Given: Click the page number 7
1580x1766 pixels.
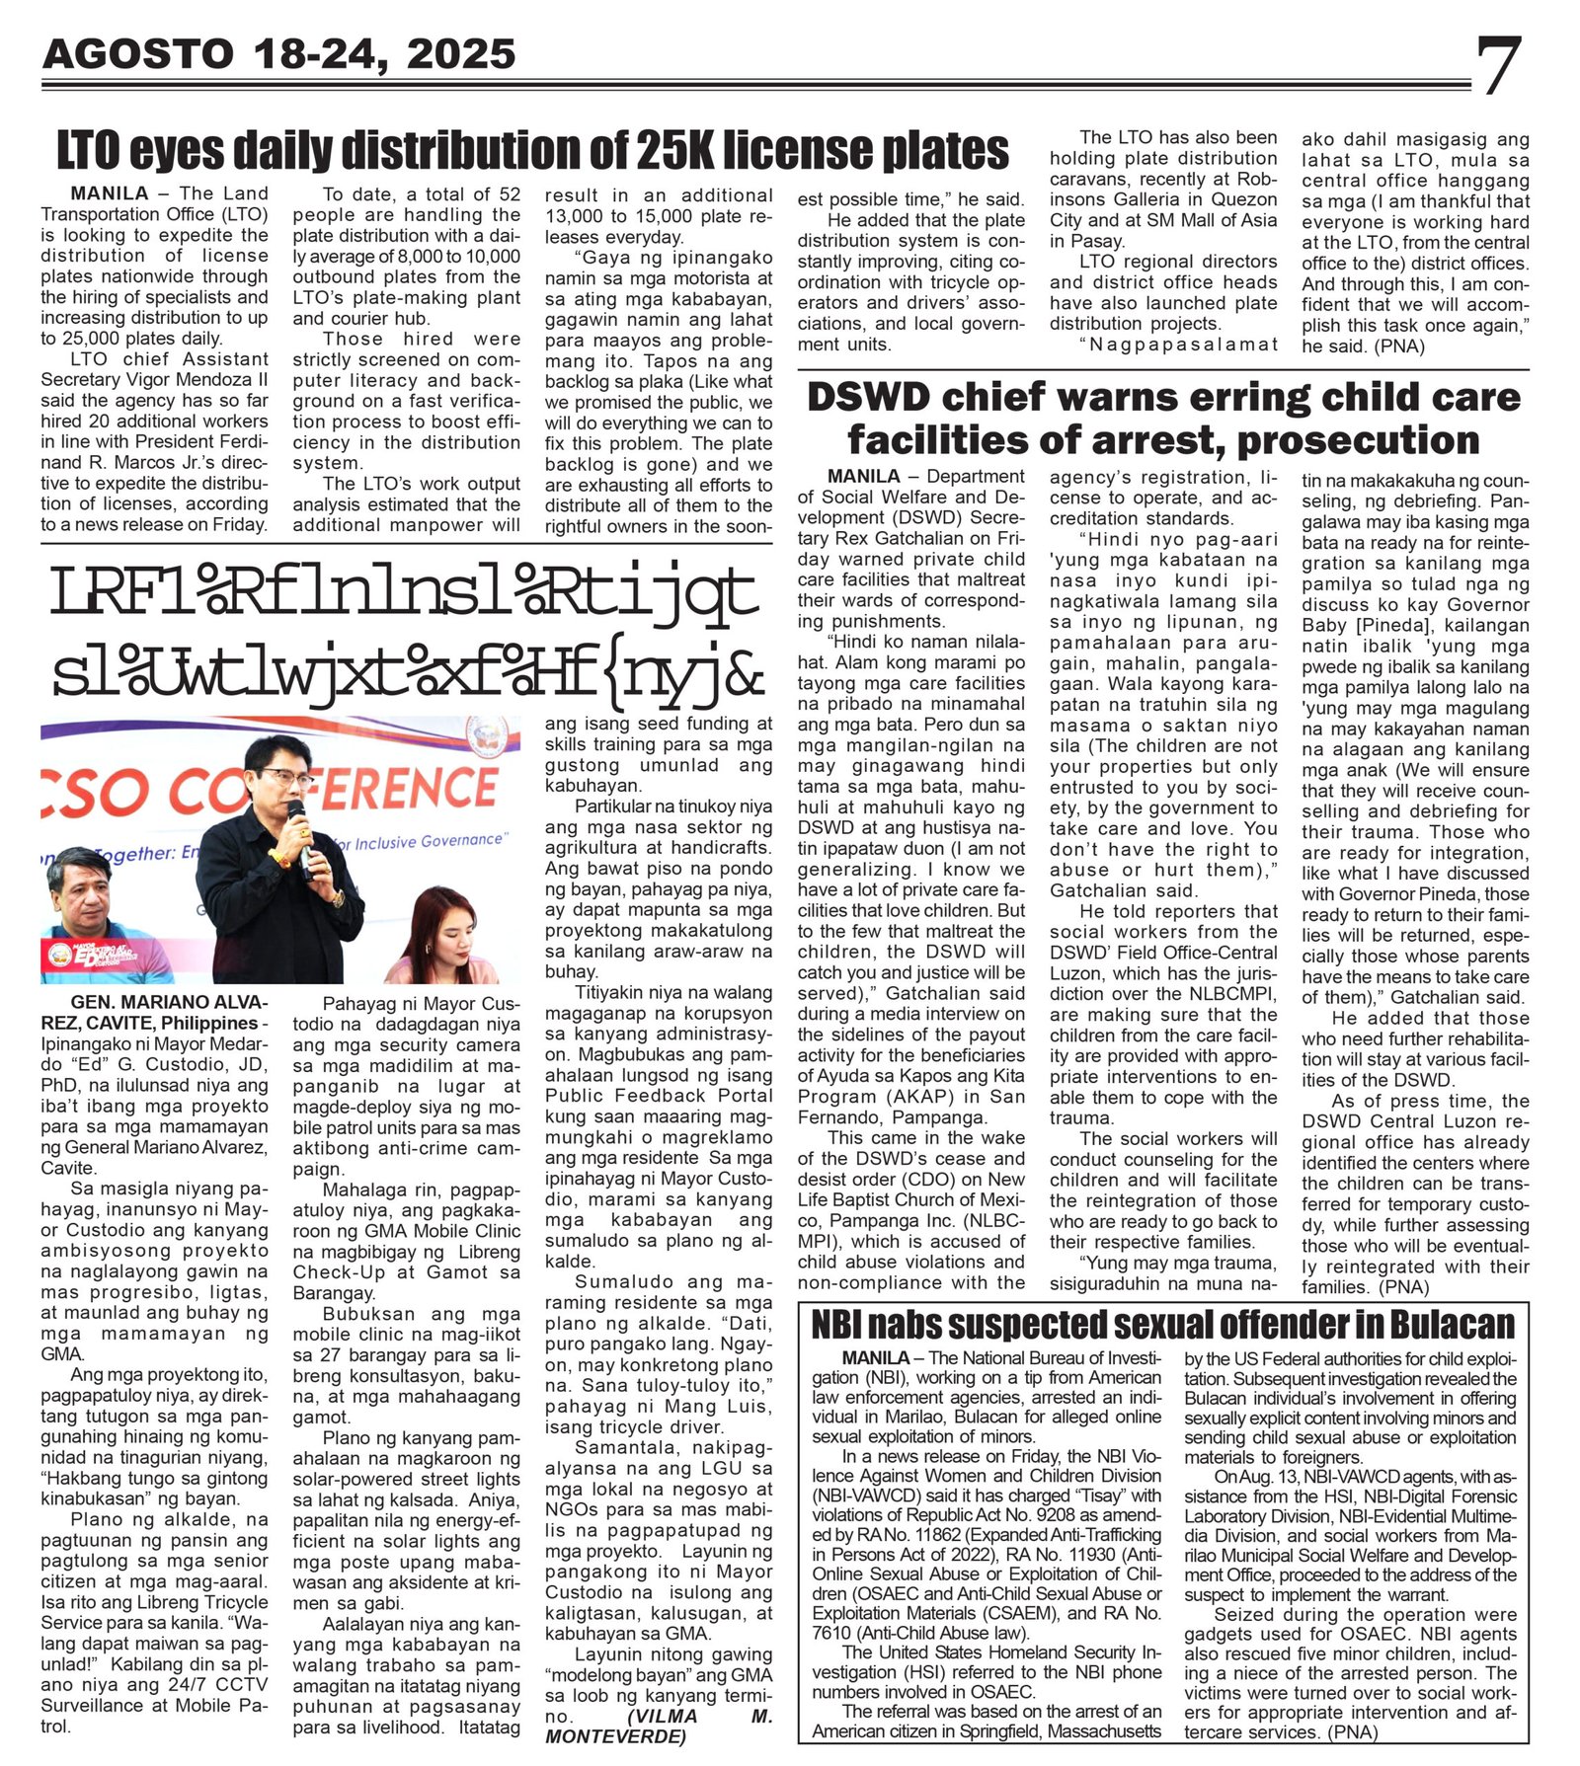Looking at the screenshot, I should point(1499,66).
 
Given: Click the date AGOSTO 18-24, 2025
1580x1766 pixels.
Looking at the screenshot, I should point(279,54).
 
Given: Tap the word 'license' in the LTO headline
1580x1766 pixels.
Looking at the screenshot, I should point(802,150).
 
